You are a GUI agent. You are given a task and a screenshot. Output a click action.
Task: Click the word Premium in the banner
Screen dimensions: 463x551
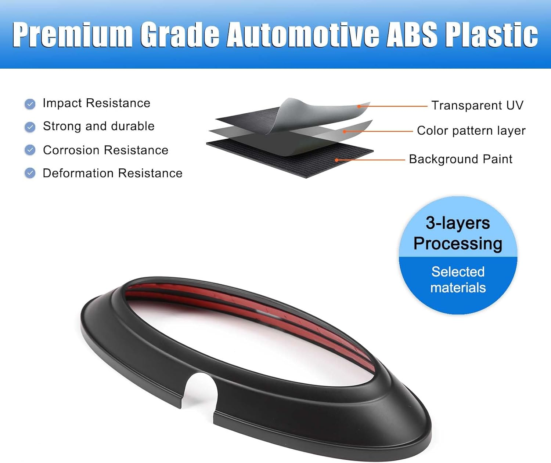coord(72,34)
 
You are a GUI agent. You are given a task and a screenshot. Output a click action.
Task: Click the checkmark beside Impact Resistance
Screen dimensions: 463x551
coord(30,104)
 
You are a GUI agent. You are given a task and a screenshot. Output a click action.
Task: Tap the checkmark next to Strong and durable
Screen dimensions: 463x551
coord(30,127)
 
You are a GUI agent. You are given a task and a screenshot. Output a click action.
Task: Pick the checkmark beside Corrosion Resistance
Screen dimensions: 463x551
coord(30,150)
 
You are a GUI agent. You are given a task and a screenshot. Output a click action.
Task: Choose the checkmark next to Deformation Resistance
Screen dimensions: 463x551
coord(30,173)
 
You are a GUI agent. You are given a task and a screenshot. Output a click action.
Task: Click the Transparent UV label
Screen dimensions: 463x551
coord(477,106)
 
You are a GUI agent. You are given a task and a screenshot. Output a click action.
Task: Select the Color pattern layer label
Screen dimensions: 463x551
coord(471,131)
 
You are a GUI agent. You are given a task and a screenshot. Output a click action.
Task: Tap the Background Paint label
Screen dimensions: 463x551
coord(460,159)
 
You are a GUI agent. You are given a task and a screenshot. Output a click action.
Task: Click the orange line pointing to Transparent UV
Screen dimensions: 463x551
coord(393,106)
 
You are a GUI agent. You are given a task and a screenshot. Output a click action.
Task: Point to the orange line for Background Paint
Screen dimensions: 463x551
coord(371,160)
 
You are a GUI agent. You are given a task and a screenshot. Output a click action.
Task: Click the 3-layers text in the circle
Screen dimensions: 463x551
coord(458,223)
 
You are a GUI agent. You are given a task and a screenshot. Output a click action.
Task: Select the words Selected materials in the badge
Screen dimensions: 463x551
coord(458,280)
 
